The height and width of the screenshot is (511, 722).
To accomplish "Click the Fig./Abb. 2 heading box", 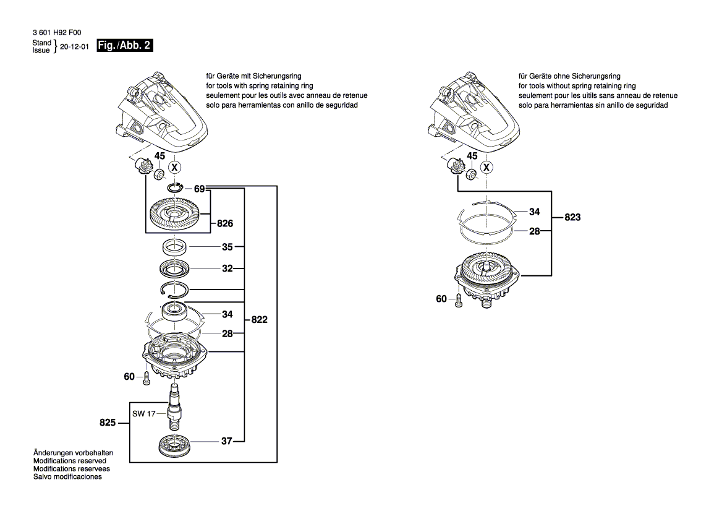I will (125, 46).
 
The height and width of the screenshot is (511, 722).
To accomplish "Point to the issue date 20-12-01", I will (75, 46).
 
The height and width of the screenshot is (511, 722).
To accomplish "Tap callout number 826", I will (224, 223).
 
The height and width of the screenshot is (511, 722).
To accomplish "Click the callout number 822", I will (260, 320).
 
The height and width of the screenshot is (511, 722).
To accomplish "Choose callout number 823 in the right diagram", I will (572, 218).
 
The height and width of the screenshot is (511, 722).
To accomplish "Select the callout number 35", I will (227, 247).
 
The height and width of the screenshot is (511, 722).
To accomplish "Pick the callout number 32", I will (227, 269).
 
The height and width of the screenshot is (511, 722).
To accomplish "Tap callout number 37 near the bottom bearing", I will (227, 441).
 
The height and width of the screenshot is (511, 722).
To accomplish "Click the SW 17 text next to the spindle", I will (143, 414).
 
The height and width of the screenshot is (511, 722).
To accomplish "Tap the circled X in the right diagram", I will (488, 168).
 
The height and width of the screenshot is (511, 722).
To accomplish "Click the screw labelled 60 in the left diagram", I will (147, 378).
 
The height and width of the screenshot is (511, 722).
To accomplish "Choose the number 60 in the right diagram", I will (441, 299).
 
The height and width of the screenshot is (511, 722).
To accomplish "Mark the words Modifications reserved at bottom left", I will (70, 461).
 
